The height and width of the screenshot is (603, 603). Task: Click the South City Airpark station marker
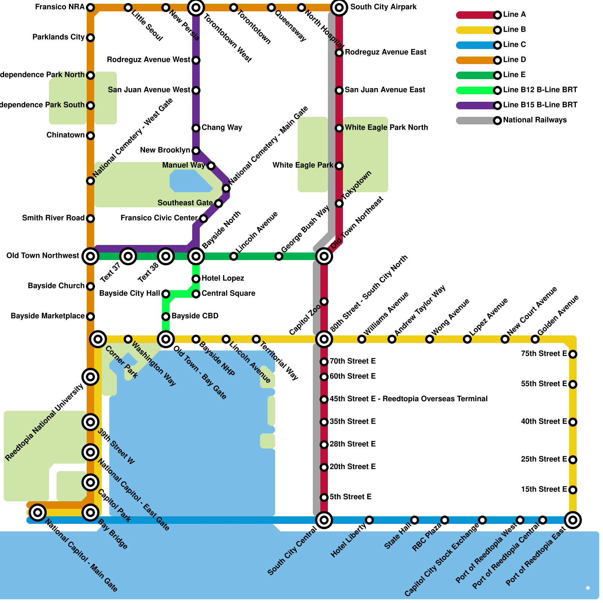point(339,8)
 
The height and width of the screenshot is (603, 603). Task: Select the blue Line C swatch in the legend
point(476,45)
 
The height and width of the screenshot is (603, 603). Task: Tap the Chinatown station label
point(66,135)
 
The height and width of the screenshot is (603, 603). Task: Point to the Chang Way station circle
point(196,128)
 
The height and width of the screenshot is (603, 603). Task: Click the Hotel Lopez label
point(223,279)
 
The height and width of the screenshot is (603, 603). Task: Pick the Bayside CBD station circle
point(166,317)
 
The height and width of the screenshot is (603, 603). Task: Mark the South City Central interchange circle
point(324,520)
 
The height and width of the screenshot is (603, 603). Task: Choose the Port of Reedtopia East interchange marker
point(573,520)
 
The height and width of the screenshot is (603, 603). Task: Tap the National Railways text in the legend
point(535,120)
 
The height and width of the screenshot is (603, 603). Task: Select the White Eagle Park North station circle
point(339,128)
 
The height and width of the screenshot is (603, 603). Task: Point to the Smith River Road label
point(53,218)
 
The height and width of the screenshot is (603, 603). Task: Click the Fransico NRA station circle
point(90,8)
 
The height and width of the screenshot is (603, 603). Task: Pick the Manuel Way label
point(184,165)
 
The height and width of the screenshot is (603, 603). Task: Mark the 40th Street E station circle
point(573,422)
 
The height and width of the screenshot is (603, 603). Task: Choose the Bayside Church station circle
point(90,286)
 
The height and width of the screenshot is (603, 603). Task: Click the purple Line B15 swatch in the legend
point(476,106)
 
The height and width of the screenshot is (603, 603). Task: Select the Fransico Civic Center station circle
point(204,219)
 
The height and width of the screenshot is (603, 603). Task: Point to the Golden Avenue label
point(558,315)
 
